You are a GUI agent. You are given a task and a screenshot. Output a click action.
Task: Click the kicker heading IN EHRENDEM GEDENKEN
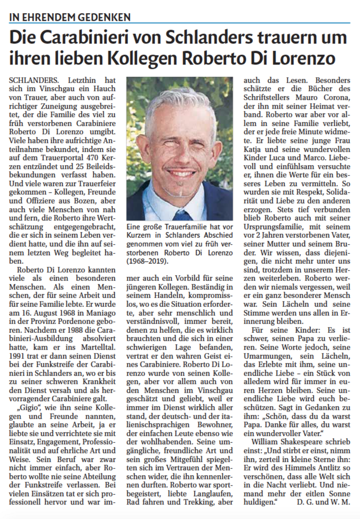(70, 17)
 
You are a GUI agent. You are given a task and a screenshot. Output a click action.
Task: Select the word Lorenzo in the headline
(304, 58)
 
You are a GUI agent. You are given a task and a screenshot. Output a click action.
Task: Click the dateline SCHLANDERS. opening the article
(33, 80)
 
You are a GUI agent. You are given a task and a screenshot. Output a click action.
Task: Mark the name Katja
(252, 149)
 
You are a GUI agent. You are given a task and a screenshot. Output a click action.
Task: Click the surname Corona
(337, 97)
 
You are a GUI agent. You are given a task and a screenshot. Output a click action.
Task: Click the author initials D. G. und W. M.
(323, 502)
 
